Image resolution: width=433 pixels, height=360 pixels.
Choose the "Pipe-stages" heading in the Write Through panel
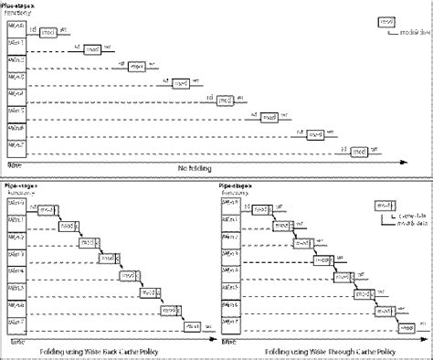pos(240,184)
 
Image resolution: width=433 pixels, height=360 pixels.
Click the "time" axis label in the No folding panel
pos(15,164)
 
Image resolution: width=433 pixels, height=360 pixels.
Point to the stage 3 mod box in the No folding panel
pos(182,82)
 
